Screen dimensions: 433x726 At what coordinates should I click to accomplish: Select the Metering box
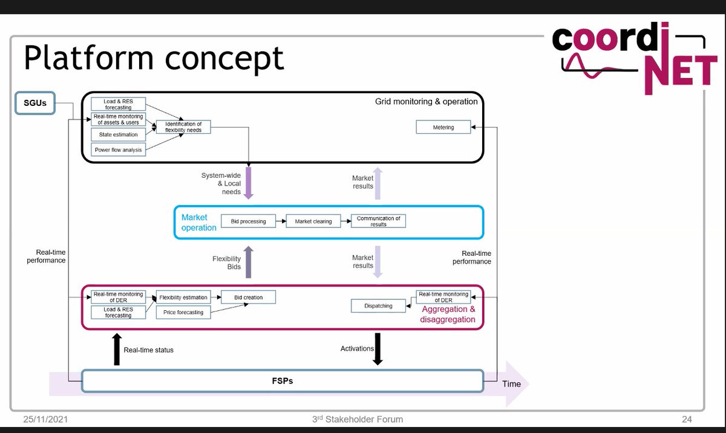tap(443, 127)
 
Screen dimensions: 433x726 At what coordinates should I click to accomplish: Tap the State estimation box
tap(118, 134)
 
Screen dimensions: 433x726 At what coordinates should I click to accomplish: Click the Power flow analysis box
tap(118, 149)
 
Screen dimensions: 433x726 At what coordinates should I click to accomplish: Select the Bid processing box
tap(248, 221)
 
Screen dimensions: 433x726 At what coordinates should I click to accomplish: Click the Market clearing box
tap(313, 221)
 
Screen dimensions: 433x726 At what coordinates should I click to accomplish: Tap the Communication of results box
tap(378, 221)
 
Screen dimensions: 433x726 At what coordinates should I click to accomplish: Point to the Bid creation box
tap(249, 297)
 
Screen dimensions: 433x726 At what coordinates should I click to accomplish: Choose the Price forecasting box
tap(183, 312)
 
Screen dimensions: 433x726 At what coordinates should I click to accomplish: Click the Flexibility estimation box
tap(183, 297)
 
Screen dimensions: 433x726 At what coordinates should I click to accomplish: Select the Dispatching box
tap(378, 306)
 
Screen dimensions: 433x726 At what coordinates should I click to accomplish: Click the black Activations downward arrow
tap(378, 350)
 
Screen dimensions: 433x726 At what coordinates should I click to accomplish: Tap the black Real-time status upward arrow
tap(117, 350)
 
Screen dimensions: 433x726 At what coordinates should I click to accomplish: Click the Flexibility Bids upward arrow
tap(249, 262)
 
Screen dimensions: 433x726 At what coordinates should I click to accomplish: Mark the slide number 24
tap(686, 419)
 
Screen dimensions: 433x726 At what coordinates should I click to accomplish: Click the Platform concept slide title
tap(154, 58)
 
